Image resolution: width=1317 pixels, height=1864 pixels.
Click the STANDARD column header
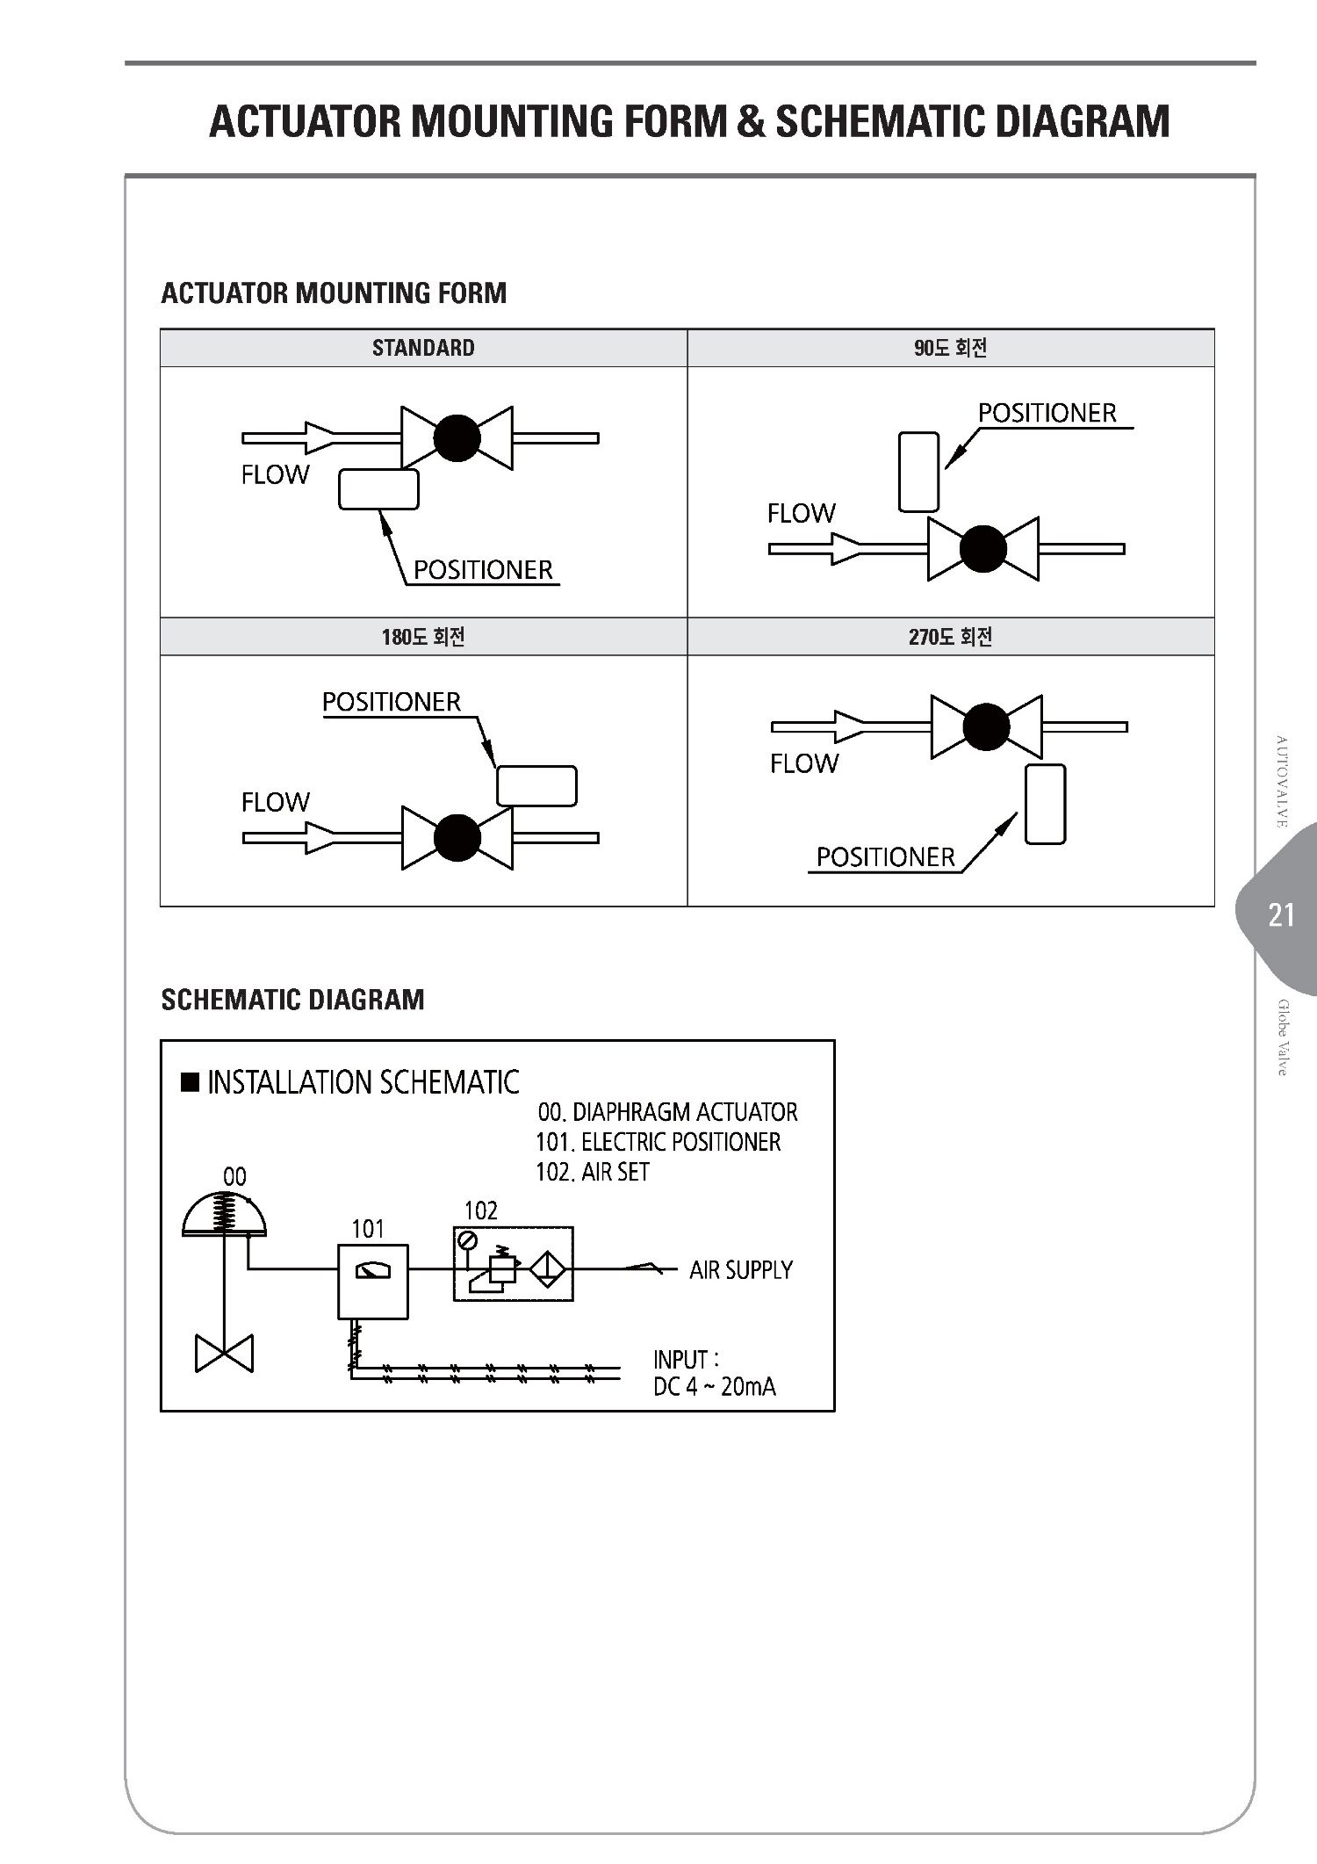click(423, 348)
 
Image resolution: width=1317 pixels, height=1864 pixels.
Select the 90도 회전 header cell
click(951, 348)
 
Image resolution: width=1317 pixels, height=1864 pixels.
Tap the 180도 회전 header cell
click(423, 637)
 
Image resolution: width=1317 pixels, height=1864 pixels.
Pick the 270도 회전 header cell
click(951, 637)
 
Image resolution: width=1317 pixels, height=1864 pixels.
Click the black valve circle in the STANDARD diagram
click(457, 437)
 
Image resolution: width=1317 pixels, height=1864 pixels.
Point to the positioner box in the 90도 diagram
click(919, 472)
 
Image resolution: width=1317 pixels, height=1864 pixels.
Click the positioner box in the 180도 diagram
click(536, 786)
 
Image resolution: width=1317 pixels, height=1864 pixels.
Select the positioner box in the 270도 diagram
click(1045, 804)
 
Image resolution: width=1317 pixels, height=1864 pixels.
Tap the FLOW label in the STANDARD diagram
click(275, 474)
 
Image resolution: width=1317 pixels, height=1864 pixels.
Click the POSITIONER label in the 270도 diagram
click(885, 857)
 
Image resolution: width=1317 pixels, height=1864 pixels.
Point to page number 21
click(1282, 915)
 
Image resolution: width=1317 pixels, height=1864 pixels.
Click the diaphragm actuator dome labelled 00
click(225, 1213)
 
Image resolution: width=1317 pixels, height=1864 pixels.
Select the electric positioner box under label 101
click(373, 1282)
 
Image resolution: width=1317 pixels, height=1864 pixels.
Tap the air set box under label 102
click(514, 1264)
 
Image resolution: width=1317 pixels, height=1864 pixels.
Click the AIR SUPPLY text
click(741, 1270)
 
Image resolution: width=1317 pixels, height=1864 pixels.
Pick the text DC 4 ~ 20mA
click(715, 1387)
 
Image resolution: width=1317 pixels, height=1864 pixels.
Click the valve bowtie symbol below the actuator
click(225, 1353)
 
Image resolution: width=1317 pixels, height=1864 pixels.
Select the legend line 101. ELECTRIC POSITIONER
click(658, 1142)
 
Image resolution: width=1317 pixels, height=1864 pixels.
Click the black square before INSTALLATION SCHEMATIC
click(190, 1080)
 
